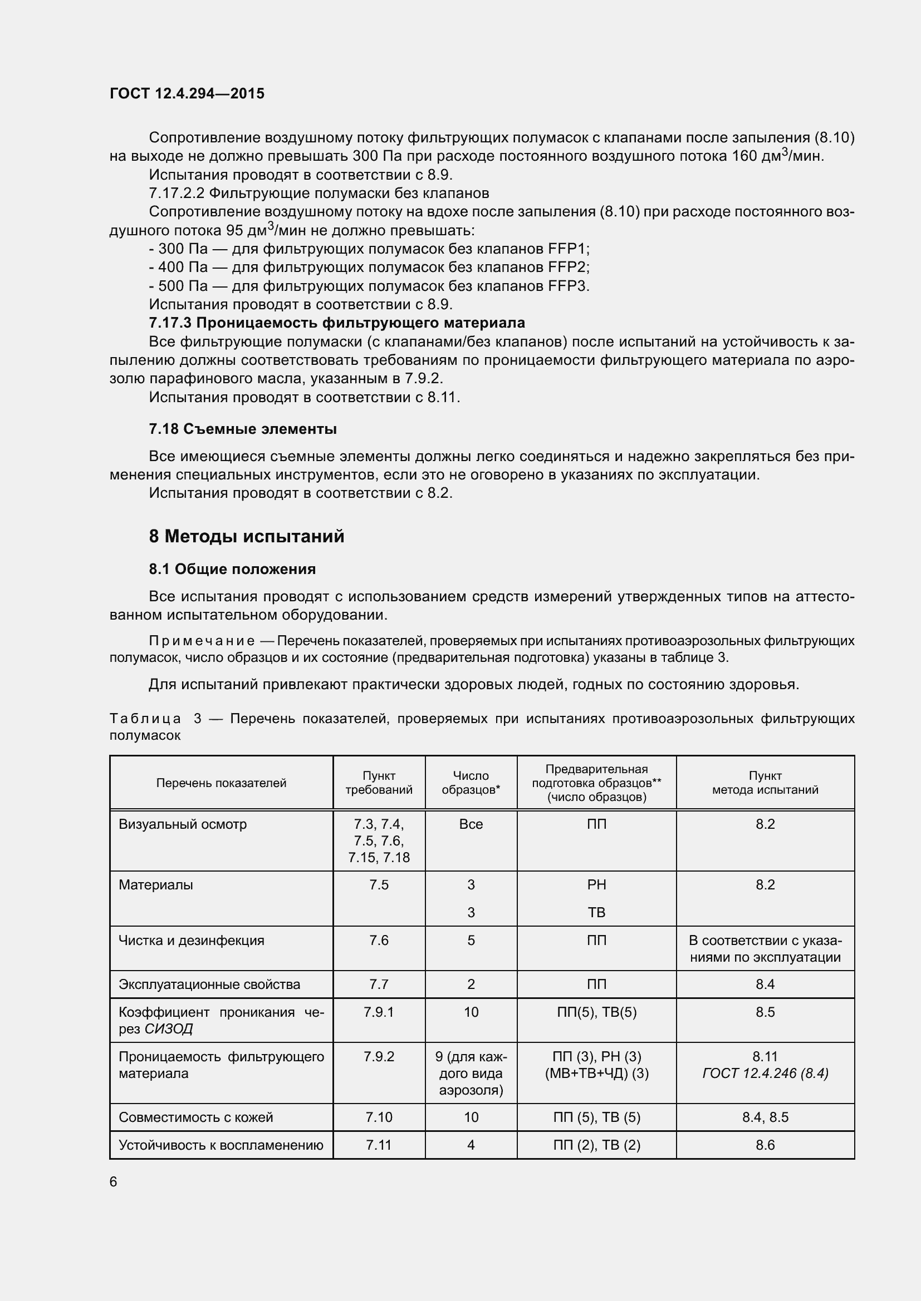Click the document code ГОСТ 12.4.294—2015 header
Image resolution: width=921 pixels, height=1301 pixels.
pos(187,93)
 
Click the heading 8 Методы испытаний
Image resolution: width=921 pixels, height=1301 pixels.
pos(246,536)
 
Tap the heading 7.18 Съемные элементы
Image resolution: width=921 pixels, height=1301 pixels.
pos(243,429)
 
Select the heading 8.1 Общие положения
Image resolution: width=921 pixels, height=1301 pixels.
pos(232,569)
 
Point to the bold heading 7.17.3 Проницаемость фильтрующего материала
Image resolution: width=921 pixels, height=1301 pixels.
pos(337,323)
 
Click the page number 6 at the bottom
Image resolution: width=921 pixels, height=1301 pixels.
pos(114,1181)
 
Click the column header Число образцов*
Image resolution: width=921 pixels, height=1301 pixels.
pos(471,783)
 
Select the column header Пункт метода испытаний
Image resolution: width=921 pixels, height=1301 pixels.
pos(765,783)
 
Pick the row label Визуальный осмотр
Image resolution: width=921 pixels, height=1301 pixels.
pos(183,824)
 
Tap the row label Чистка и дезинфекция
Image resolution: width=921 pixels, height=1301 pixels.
pos(191,940)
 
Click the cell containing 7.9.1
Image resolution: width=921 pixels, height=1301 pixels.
pos(378,1012)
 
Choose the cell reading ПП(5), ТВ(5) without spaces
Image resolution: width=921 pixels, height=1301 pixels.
pos(596,1012)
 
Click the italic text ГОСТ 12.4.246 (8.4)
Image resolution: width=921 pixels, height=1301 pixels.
pos(765,1073)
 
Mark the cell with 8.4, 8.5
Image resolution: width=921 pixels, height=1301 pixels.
pos(765,1117)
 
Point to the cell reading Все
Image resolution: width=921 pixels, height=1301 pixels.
pos(471,824)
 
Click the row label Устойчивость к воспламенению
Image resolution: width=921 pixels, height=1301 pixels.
pos(221,1145)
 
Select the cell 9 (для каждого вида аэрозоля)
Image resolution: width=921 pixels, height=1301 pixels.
pos(471,1073)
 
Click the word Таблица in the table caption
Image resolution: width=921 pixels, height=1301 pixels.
pos(145,719)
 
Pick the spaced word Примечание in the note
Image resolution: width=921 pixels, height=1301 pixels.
pos(202,641)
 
